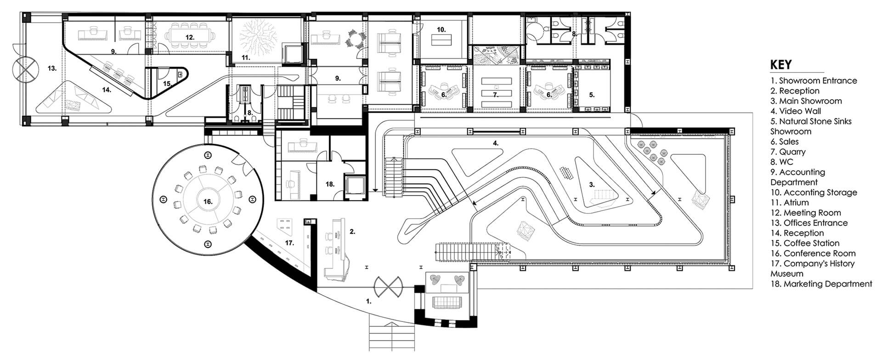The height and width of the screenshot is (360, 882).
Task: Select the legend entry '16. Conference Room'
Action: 813,253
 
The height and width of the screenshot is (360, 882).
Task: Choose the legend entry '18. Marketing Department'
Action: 821,284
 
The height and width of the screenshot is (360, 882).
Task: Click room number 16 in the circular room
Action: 208,202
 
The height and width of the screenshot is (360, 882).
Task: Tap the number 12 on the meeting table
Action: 190,37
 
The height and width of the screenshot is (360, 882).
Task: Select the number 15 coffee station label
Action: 167,84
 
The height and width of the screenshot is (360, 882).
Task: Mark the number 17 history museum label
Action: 289,243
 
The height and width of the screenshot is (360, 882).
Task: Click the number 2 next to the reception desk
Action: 352,232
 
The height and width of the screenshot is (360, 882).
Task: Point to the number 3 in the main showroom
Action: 592,185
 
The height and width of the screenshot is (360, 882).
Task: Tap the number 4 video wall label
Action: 496,143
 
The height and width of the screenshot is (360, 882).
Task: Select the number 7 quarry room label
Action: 495,95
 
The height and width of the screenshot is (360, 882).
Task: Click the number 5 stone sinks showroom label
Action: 592,95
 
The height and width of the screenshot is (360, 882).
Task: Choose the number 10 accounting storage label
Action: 441,29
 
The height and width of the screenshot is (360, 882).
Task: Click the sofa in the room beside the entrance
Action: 447,303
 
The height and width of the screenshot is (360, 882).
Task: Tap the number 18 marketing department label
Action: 330,184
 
